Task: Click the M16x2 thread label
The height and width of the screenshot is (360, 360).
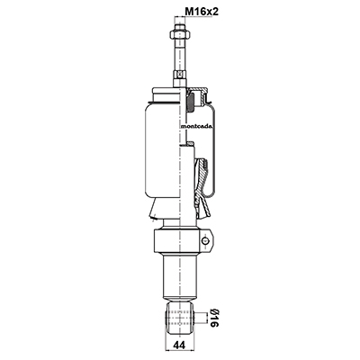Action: point(202,12)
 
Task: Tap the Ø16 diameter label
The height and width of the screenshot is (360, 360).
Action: point(212,318)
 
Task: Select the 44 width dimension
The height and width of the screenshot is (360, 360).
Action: point(179,346)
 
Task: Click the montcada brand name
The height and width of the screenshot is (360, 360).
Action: point(196,126)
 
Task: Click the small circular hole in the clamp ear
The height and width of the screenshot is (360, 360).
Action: point(205,240)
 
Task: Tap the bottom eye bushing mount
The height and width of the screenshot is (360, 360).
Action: point(179,318)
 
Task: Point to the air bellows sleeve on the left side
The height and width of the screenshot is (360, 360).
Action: point(163,151)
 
